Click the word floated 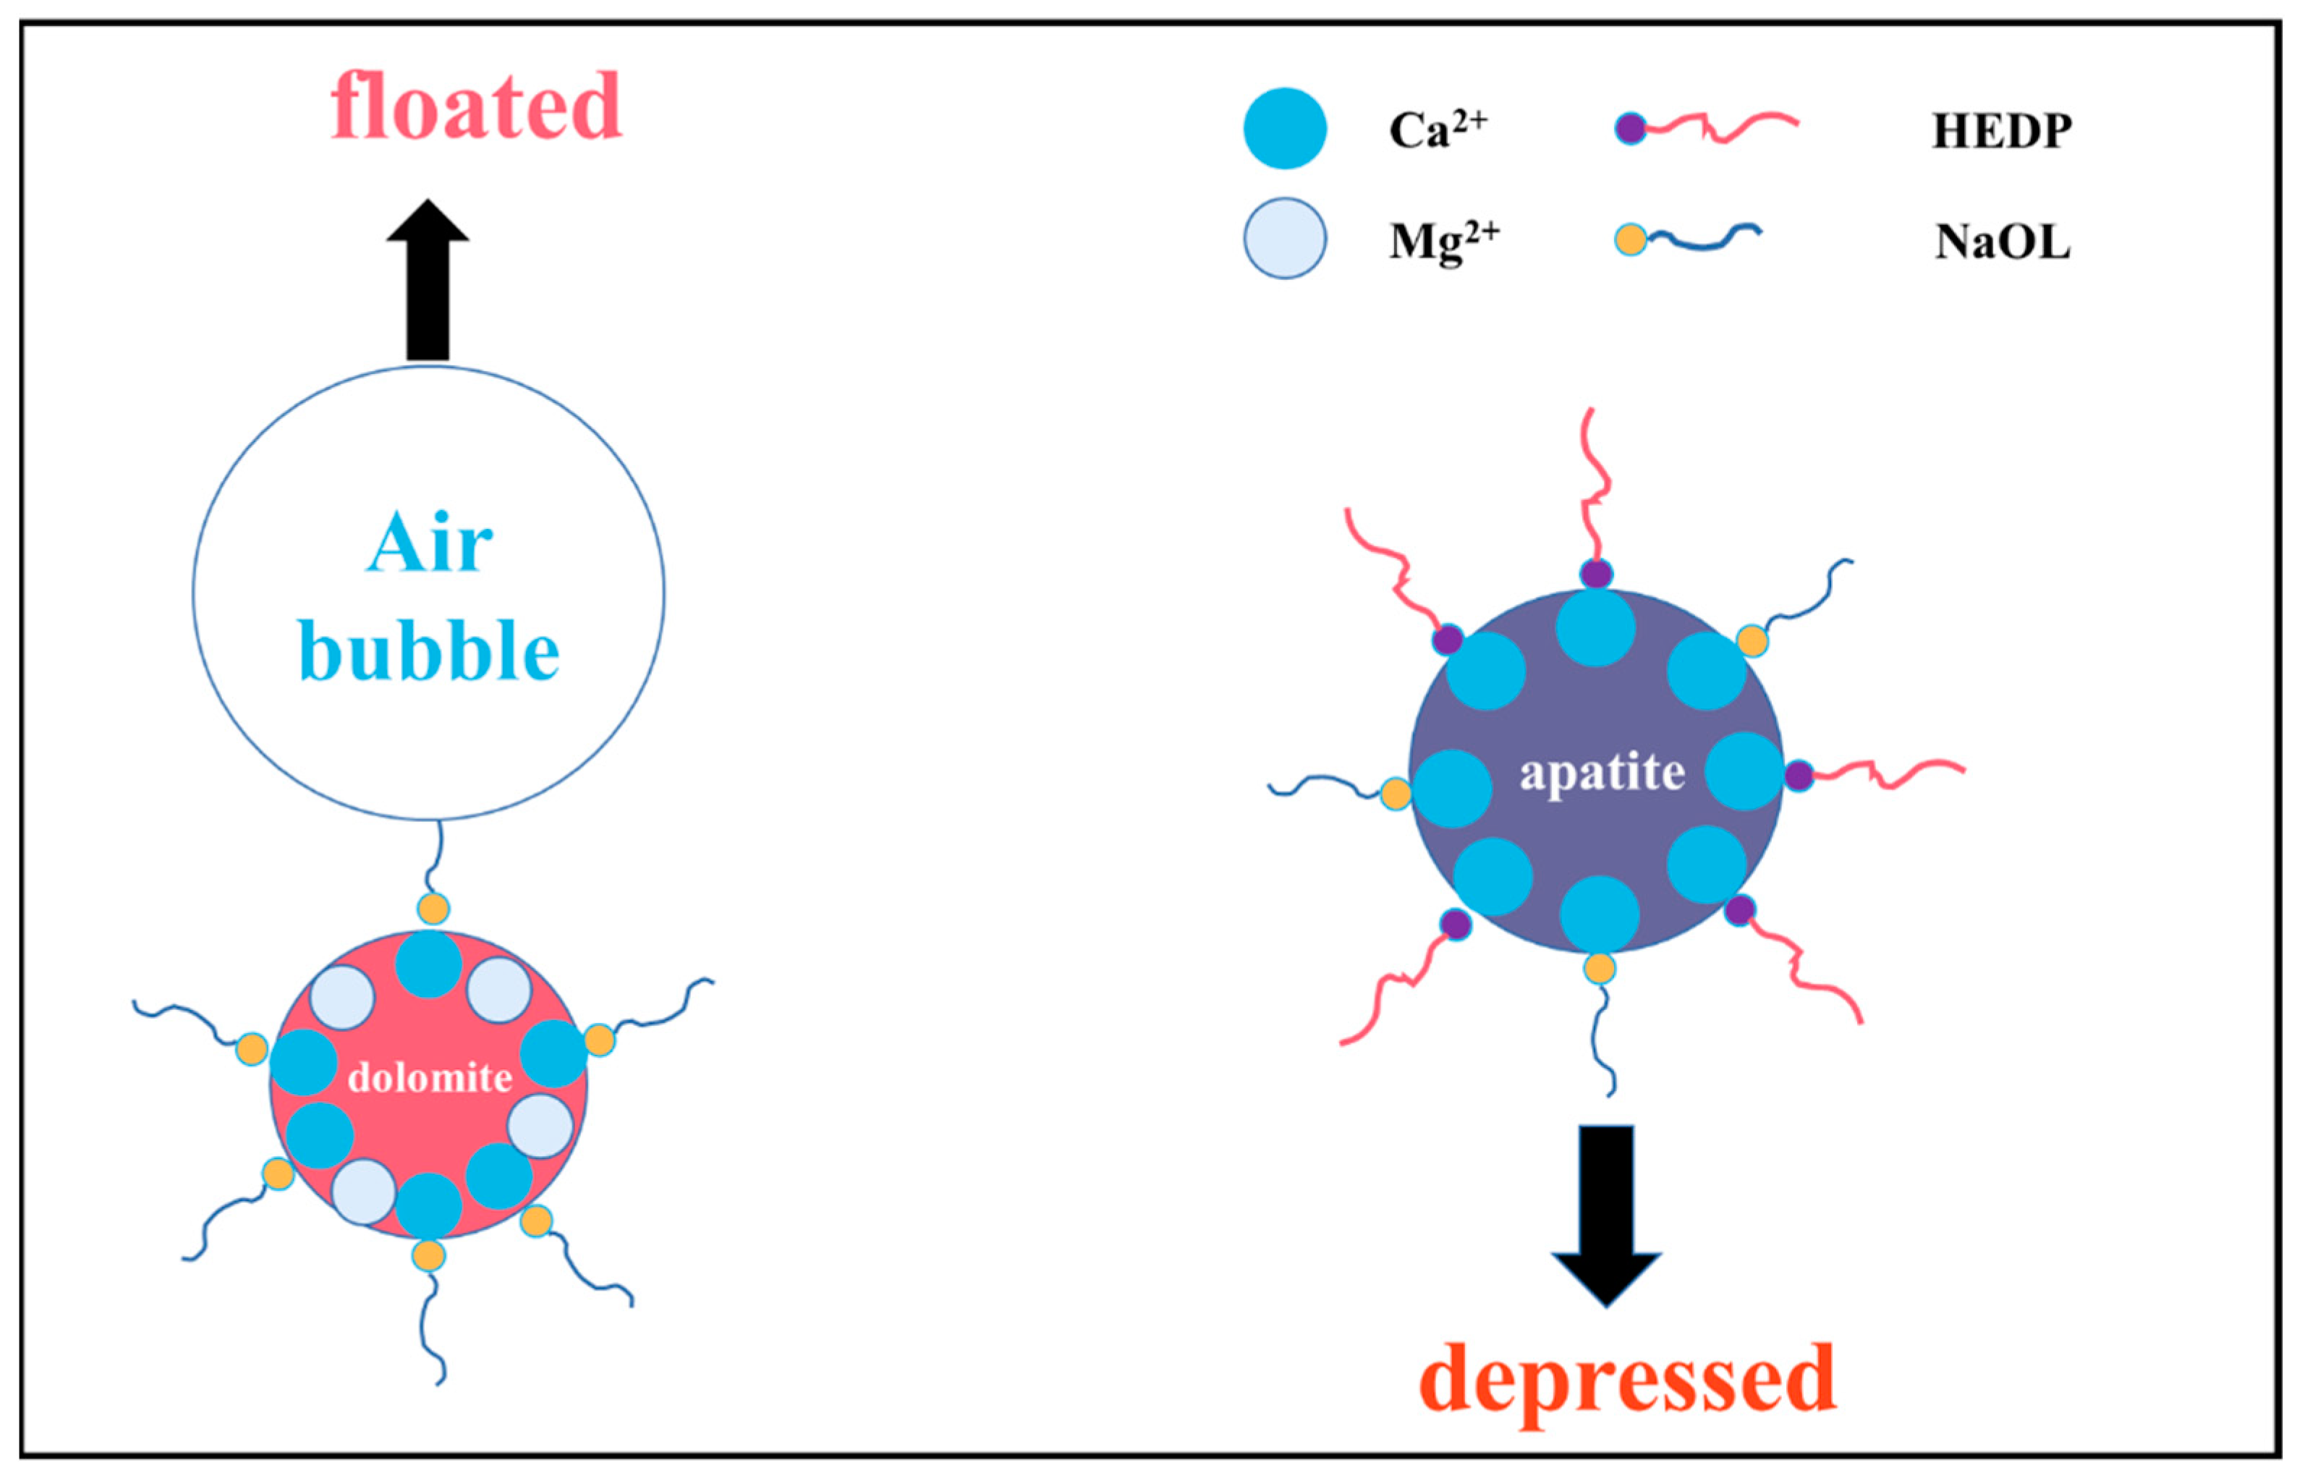coord(476,107)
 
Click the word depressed coord(1627,1381)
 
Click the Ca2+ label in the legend coord(1438,130)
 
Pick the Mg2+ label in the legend coord(1443,240)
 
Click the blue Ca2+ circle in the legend coord(1285,129)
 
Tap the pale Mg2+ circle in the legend coord(1285,239)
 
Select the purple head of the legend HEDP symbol coord(1630,128)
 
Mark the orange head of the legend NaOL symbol coord(1630,239)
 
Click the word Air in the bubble coord(429,544)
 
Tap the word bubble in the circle coord(429,651)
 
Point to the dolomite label coord(429,1078)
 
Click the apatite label coord(1602,772)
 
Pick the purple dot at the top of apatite coord(1596,574)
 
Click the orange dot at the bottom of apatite coord(1599,967)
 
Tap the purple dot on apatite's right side coord(1799,775)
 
